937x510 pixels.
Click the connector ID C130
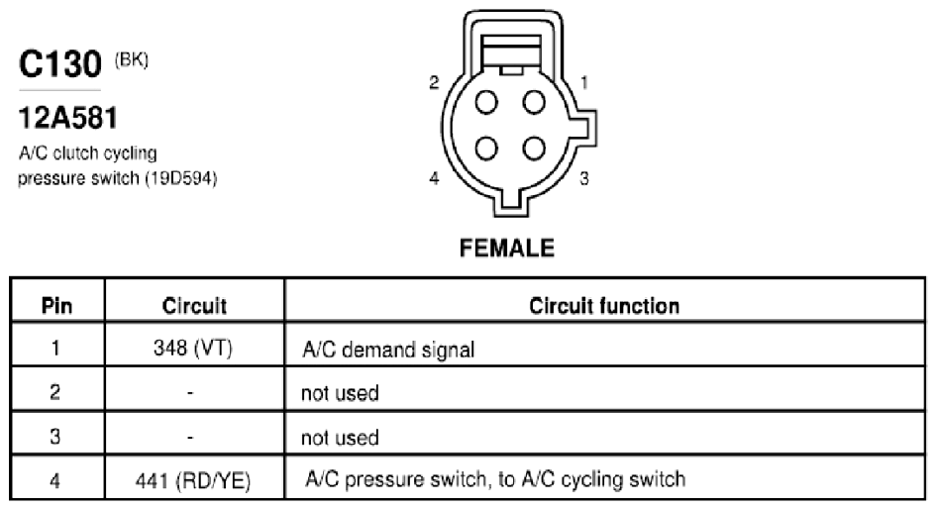[x=60, y=64]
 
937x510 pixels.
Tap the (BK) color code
[x=132, y=59]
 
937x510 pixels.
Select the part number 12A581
[x=68, y=118]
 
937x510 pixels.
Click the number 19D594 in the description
[x=181, y=178]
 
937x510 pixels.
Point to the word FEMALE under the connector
[x=507, y=248]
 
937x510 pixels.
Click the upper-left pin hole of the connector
[x=486, y=102]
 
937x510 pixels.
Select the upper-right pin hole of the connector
[x=534, y=102]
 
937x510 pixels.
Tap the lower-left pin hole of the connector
[x=486, y=149]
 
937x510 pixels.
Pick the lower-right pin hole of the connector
[x=534, y=149]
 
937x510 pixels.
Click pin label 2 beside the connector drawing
[x=435, y=82]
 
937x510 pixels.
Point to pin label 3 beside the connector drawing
[x=583, y=178]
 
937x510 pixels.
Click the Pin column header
[x=56, y=306]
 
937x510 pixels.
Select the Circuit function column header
[x=604, y=306]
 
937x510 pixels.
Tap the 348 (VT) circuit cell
[x=192, y=349]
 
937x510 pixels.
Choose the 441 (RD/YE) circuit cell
[x=193, y=480]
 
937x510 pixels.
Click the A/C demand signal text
[x=388, y=350]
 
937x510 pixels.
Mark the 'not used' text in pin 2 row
[x=340, y=393]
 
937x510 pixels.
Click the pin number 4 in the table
[x=55, y=480]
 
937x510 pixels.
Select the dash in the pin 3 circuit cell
[x=190, y=438]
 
